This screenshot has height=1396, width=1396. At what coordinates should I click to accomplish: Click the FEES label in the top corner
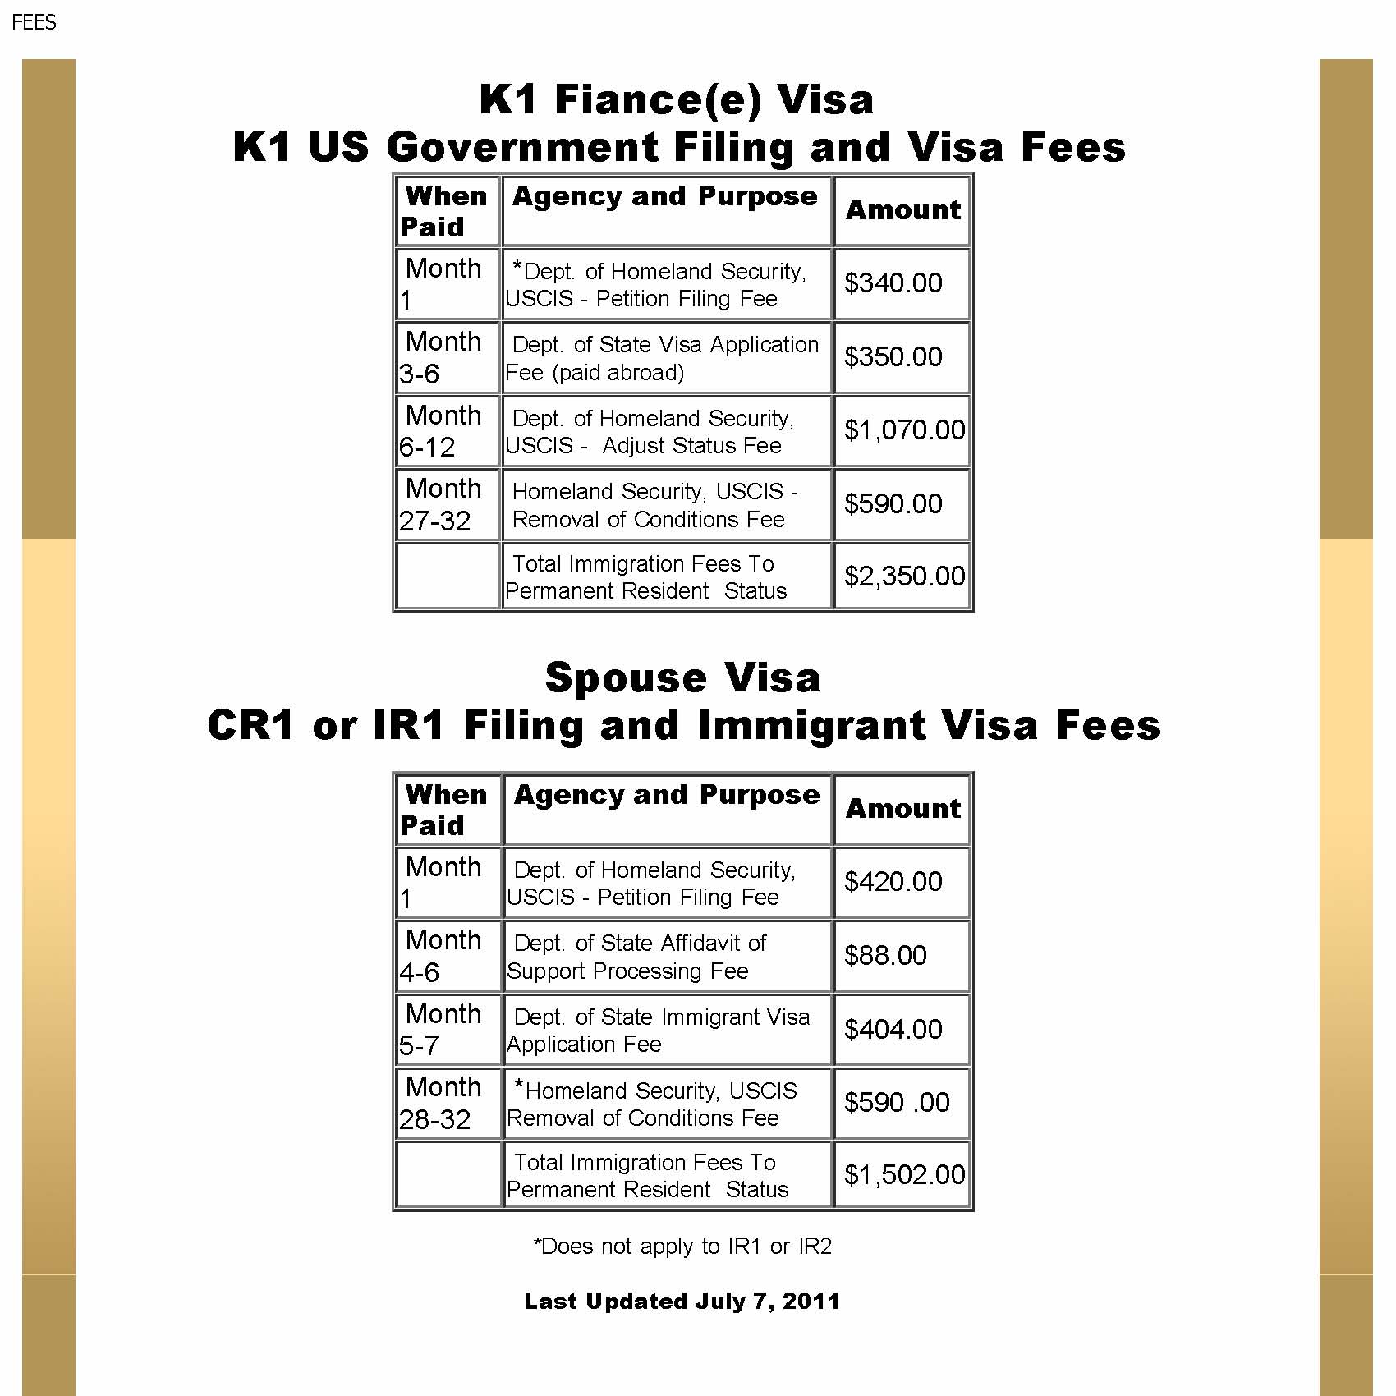point(34,22)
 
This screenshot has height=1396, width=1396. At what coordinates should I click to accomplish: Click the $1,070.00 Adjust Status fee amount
point(904,430)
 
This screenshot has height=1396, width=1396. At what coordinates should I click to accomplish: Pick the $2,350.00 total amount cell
point(904,576)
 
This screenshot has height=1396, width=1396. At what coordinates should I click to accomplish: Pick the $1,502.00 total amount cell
point(904,1175)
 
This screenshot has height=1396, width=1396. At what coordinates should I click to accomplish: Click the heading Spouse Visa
point(682,678)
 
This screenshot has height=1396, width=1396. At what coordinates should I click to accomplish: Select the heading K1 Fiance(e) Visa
point(677,100)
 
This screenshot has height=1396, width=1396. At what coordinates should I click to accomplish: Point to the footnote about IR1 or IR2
point(682,1247)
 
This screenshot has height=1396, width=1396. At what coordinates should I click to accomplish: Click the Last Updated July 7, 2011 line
point(682,1302)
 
